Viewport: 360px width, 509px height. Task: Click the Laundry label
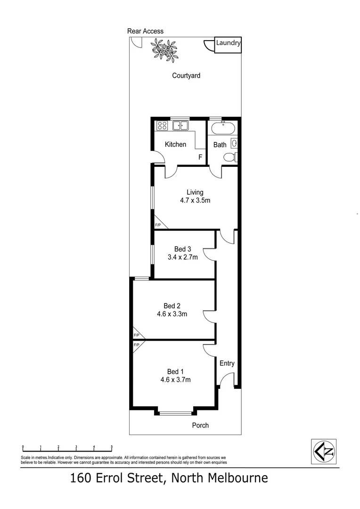coord(229,43)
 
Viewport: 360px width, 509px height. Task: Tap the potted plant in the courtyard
coord(164,49)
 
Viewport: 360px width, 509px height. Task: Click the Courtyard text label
coord(186,75)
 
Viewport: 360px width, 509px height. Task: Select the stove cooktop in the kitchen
coord(163,125)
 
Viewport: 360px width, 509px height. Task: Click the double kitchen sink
coord(180,125)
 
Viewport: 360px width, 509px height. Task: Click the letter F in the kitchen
coord(200,157)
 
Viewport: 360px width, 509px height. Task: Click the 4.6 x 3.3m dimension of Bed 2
coord(172,314)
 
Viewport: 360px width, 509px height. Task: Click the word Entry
coord(227,363)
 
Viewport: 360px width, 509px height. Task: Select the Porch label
coord(200,425)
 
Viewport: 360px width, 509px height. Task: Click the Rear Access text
coord(145,31)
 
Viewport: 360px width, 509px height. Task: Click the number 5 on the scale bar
coord(112,446)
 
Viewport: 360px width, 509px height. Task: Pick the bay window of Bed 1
coord(175,413)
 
